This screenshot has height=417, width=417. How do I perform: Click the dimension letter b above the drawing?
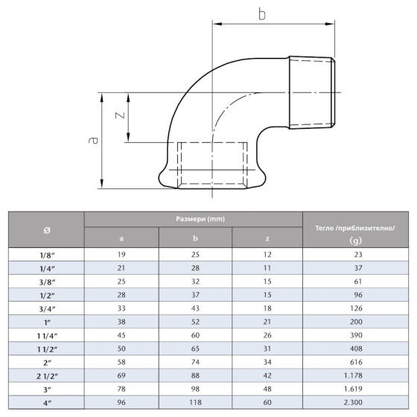(x=261, y=13)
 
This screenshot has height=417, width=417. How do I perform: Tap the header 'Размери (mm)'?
(x=193, y=219)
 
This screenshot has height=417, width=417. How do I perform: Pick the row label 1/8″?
(x=45, y=255)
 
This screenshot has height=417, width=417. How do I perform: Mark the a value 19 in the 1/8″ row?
(x=121, y=255)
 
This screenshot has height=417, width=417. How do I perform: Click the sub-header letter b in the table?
(x=195, y=239)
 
